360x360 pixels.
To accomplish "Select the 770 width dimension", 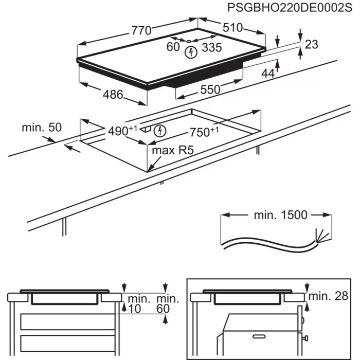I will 141,30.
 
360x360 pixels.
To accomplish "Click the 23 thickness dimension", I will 312,45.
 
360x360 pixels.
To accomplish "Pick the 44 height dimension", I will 268,74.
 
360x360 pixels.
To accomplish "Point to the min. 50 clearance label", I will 41,128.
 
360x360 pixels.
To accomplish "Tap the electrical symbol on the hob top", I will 191,51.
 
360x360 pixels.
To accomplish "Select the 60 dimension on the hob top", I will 173,47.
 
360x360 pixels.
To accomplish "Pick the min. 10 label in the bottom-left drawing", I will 137,303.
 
